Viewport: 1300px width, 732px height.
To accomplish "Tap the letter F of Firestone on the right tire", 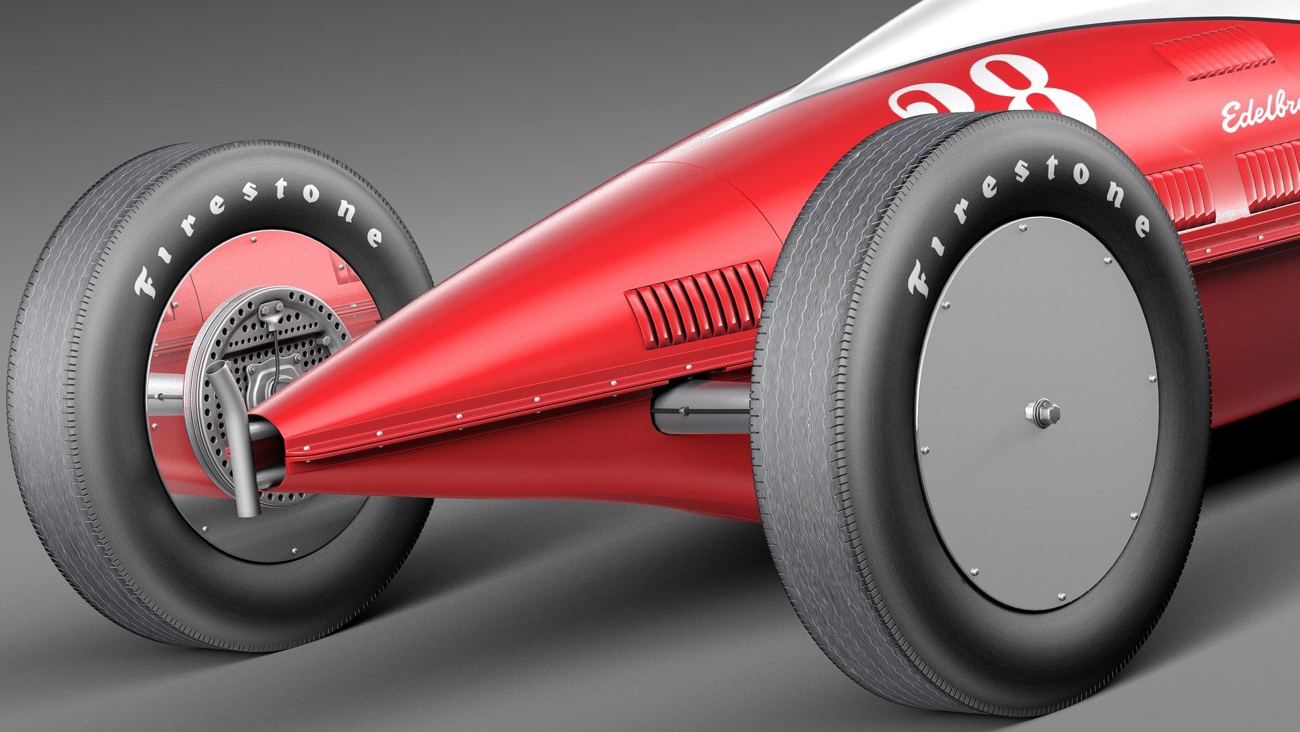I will click(919, 279).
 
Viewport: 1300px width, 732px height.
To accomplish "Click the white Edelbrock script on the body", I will click(1259, 112).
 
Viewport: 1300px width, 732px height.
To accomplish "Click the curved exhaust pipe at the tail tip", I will click(237, 434).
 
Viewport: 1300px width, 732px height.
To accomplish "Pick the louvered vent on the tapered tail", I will click(697, 305).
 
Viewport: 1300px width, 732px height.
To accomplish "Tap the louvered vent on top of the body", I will click(1212, 52).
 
